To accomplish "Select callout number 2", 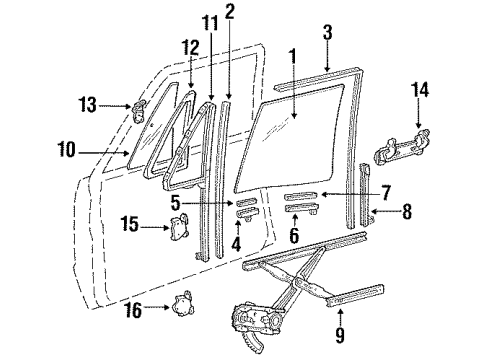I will tap(230, 13).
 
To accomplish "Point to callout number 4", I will tap(236, 241).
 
